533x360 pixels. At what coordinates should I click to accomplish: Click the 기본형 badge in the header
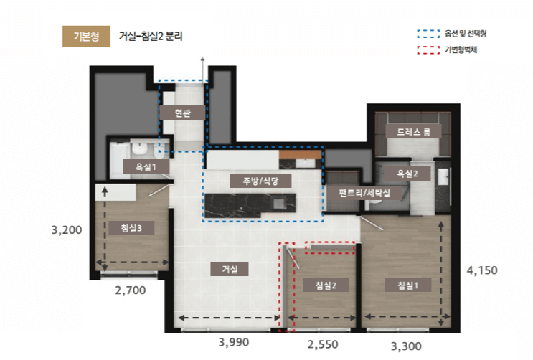[86, 37]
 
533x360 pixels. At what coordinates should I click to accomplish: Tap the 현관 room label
[182, 113]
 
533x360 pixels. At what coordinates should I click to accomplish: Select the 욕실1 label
[146, 167]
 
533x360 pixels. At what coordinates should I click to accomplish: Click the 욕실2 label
[407, 174]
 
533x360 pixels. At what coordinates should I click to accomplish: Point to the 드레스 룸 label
[413, 131]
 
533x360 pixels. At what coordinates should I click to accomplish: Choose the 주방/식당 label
[260, 181]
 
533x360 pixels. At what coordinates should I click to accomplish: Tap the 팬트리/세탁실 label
[364, 193]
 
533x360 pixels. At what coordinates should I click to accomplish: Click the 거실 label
[230, 269]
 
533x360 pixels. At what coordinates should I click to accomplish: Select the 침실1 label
[408, 285]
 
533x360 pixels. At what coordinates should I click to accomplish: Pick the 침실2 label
[326, 285]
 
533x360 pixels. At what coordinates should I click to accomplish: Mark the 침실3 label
[131, 228]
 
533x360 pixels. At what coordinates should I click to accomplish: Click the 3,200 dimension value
[67, 229]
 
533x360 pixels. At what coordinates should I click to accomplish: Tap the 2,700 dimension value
[131, 290]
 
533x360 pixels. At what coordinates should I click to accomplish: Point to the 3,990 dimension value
[234, 342]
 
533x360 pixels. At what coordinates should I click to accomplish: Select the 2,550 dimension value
[323, 344]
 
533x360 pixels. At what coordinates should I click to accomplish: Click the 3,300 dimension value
[406, 346]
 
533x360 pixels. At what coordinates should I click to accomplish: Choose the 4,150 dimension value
[482, 270]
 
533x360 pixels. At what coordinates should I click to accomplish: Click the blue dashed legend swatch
[429, 34]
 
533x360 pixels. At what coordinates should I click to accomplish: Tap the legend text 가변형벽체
[461, 49]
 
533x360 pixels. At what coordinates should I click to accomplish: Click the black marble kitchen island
[250, 205]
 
